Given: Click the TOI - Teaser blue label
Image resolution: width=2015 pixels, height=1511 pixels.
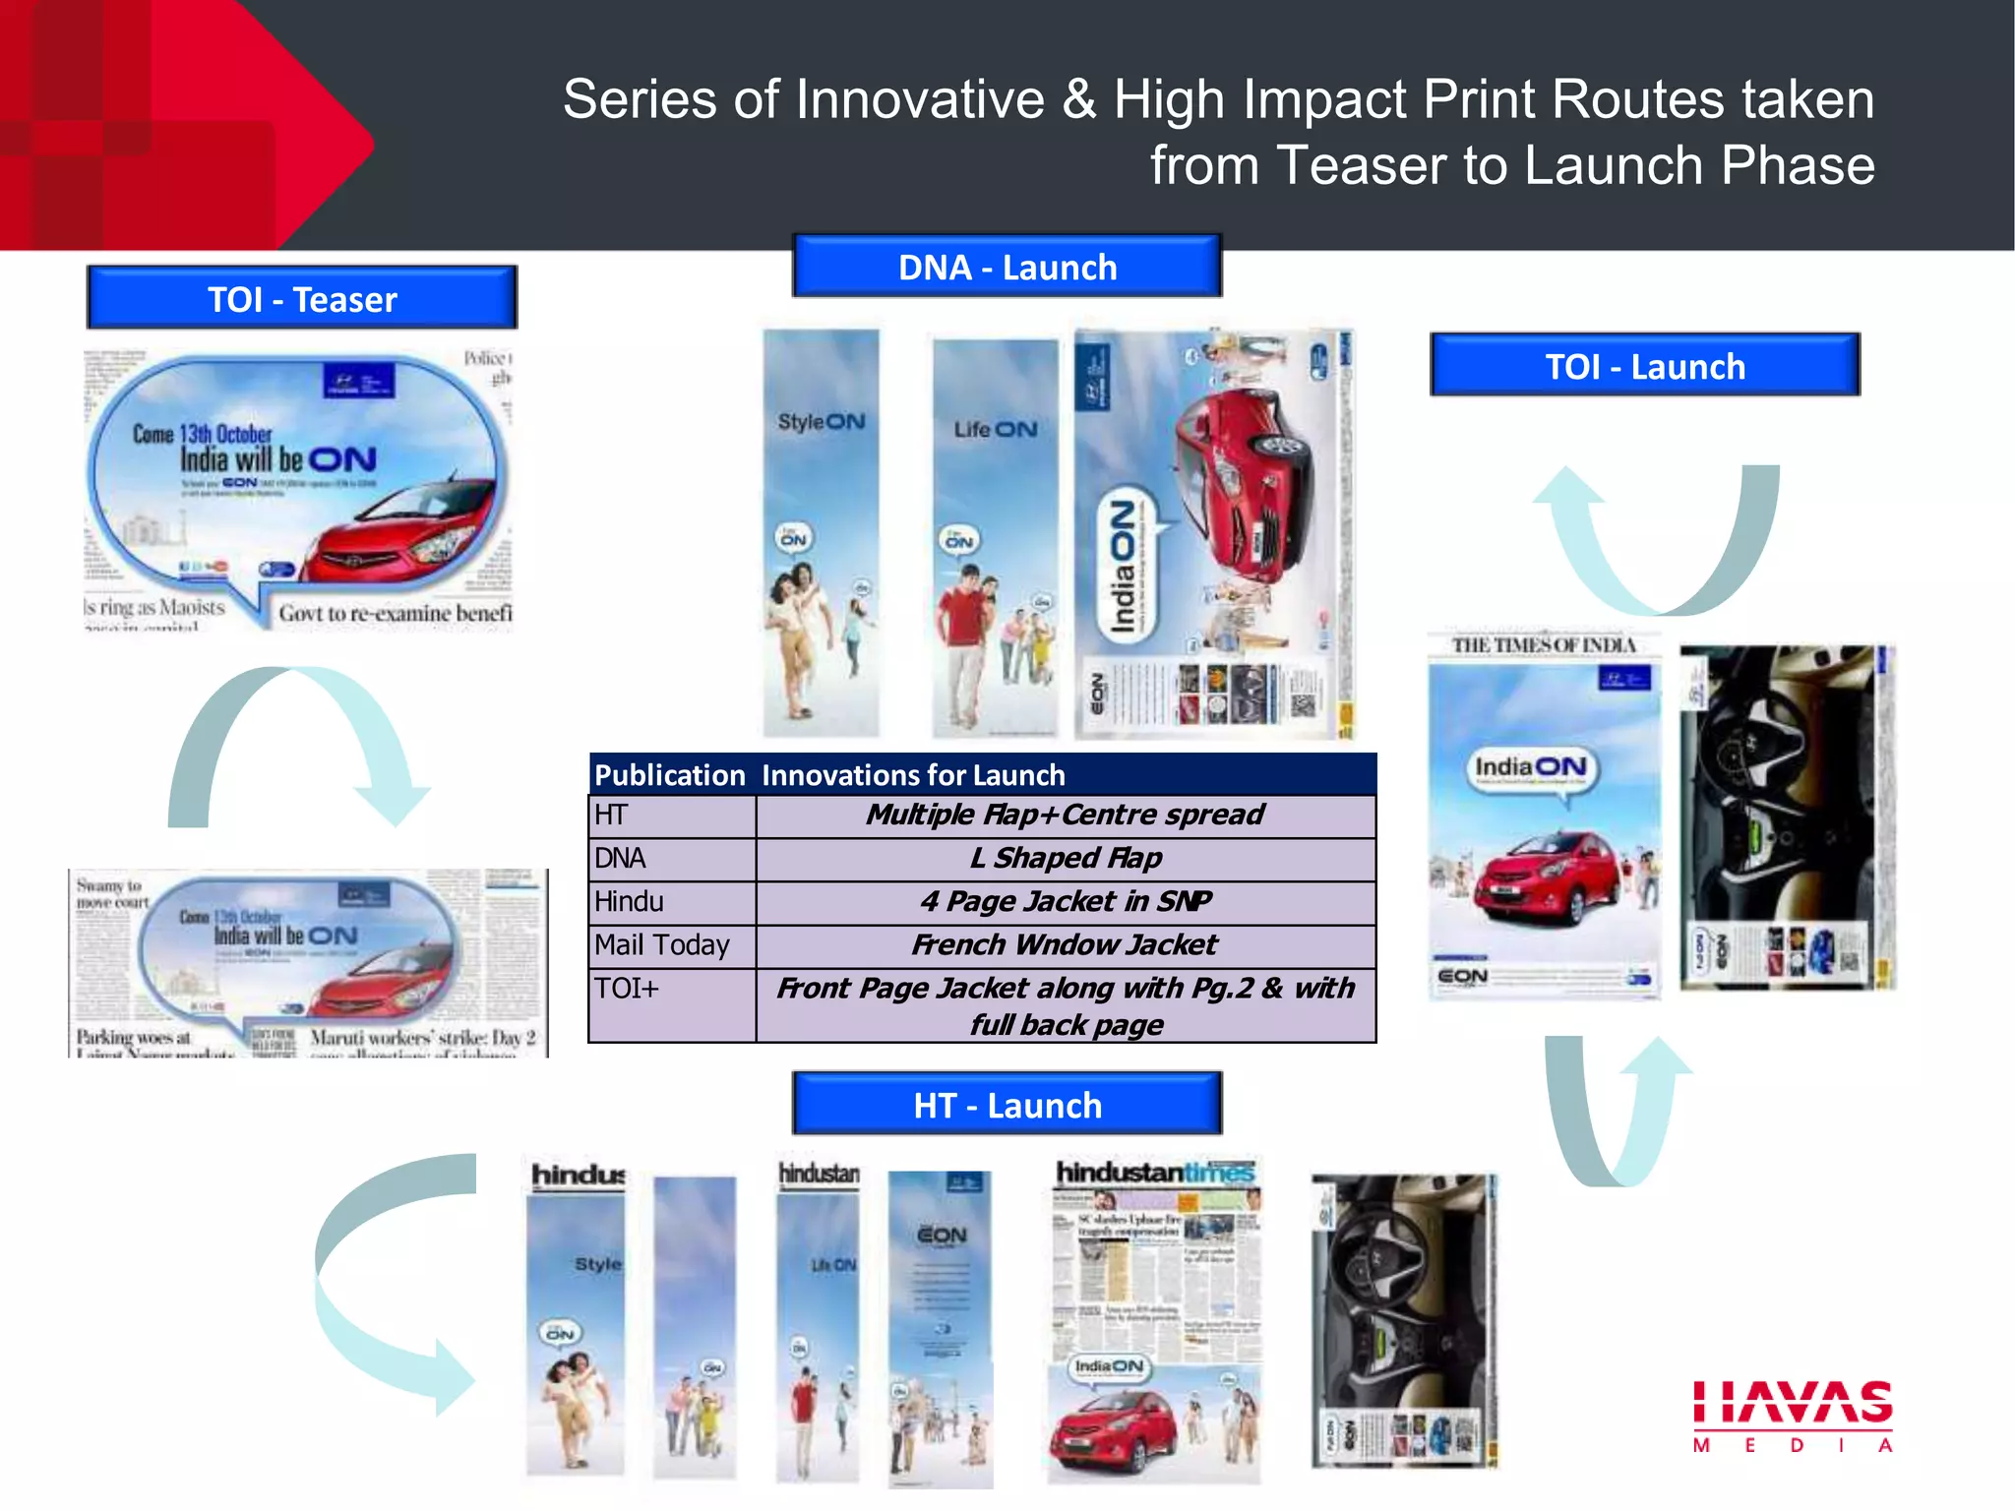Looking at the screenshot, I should tap(302, 298).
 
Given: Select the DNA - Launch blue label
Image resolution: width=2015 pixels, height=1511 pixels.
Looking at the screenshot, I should tap(1007, 267).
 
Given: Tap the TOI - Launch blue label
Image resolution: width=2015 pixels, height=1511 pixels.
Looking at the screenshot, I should tap(1645, 366).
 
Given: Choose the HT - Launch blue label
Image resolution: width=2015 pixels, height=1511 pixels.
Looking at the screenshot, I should tap(1007, 1105).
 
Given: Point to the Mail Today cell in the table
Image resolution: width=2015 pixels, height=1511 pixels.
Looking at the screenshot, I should tap(663, 945).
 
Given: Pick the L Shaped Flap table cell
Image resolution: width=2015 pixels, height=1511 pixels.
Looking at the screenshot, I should tap(1066, 859).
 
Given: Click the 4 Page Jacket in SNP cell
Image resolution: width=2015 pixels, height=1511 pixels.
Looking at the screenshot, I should tap(1066, 902).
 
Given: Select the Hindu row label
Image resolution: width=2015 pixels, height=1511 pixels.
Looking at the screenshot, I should tap(630, 902).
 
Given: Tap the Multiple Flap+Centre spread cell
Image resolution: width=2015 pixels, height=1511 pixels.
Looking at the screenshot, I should tap(1066, 816).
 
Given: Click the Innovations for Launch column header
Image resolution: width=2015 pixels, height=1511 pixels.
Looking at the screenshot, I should tap(913, 775).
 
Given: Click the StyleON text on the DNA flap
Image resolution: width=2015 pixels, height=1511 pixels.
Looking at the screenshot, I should tap(822, 422).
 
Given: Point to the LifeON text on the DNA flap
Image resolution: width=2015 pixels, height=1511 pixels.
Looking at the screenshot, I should tap(996, 430).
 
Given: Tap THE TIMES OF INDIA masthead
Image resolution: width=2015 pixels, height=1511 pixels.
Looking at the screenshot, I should tap(1544, 645).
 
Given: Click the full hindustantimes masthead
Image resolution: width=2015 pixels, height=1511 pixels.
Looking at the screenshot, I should tap(1155, 1173).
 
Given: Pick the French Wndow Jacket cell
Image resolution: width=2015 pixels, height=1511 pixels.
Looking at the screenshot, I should tap(1066, 945).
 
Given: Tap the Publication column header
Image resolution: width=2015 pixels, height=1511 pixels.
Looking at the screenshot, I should tap(670, 775).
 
